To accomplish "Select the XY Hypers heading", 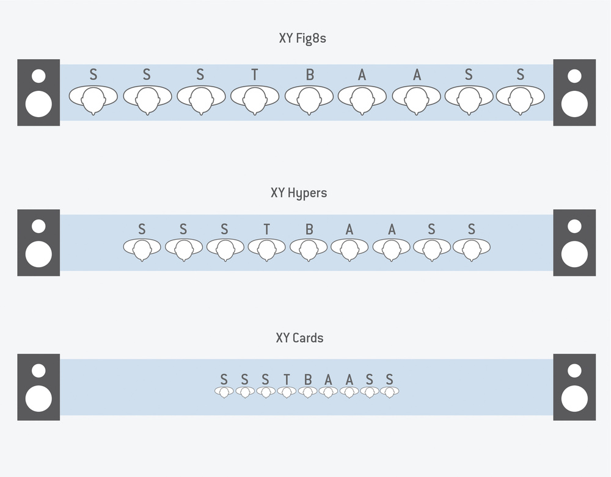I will [298, 193].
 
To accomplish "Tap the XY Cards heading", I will [299, 338].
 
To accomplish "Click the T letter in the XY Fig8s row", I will [254, 75].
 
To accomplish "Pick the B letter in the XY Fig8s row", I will [310, 75].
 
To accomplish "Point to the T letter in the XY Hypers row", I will [266, 229].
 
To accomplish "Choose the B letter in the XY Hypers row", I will [309, 229].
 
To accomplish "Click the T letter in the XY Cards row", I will [287, 379].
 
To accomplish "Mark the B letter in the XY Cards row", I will [307, 379].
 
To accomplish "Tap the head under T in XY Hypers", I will [266, 248].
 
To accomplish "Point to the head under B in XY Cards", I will [307, 392].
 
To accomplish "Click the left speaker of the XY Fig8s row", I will [38, 93].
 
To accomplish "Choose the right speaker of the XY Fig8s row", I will [574, 93].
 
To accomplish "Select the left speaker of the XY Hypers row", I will [38, 243].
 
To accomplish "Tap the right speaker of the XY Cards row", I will [574, 387].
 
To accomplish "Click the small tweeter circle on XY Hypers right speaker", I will [574, 226].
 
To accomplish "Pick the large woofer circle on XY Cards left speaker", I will [38, 398].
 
